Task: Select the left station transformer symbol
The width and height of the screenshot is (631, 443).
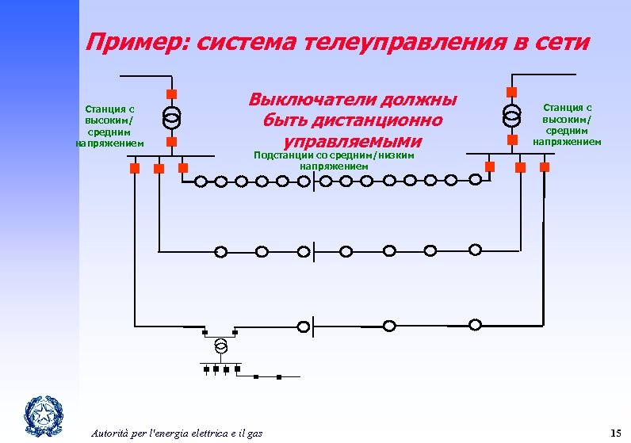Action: pos(171,117)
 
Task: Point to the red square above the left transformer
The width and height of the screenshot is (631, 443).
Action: pos(171,93)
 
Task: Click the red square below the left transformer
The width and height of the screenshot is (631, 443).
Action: pos(171,142)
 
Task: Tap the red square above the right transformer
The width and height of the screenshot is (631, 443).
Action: pos(513,90)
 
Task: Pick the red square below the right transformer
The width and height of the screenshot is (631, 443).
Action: pos(513,139)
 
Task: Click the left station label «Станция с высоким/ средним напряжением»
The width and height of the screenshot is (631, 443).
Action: pos(110,126)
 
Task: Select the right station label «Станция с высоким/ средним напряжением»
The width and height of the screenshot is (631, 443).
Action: pos(567,124)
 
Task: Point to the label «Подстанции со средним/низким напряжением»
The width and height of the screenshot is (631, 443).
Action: pos(334,161)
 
